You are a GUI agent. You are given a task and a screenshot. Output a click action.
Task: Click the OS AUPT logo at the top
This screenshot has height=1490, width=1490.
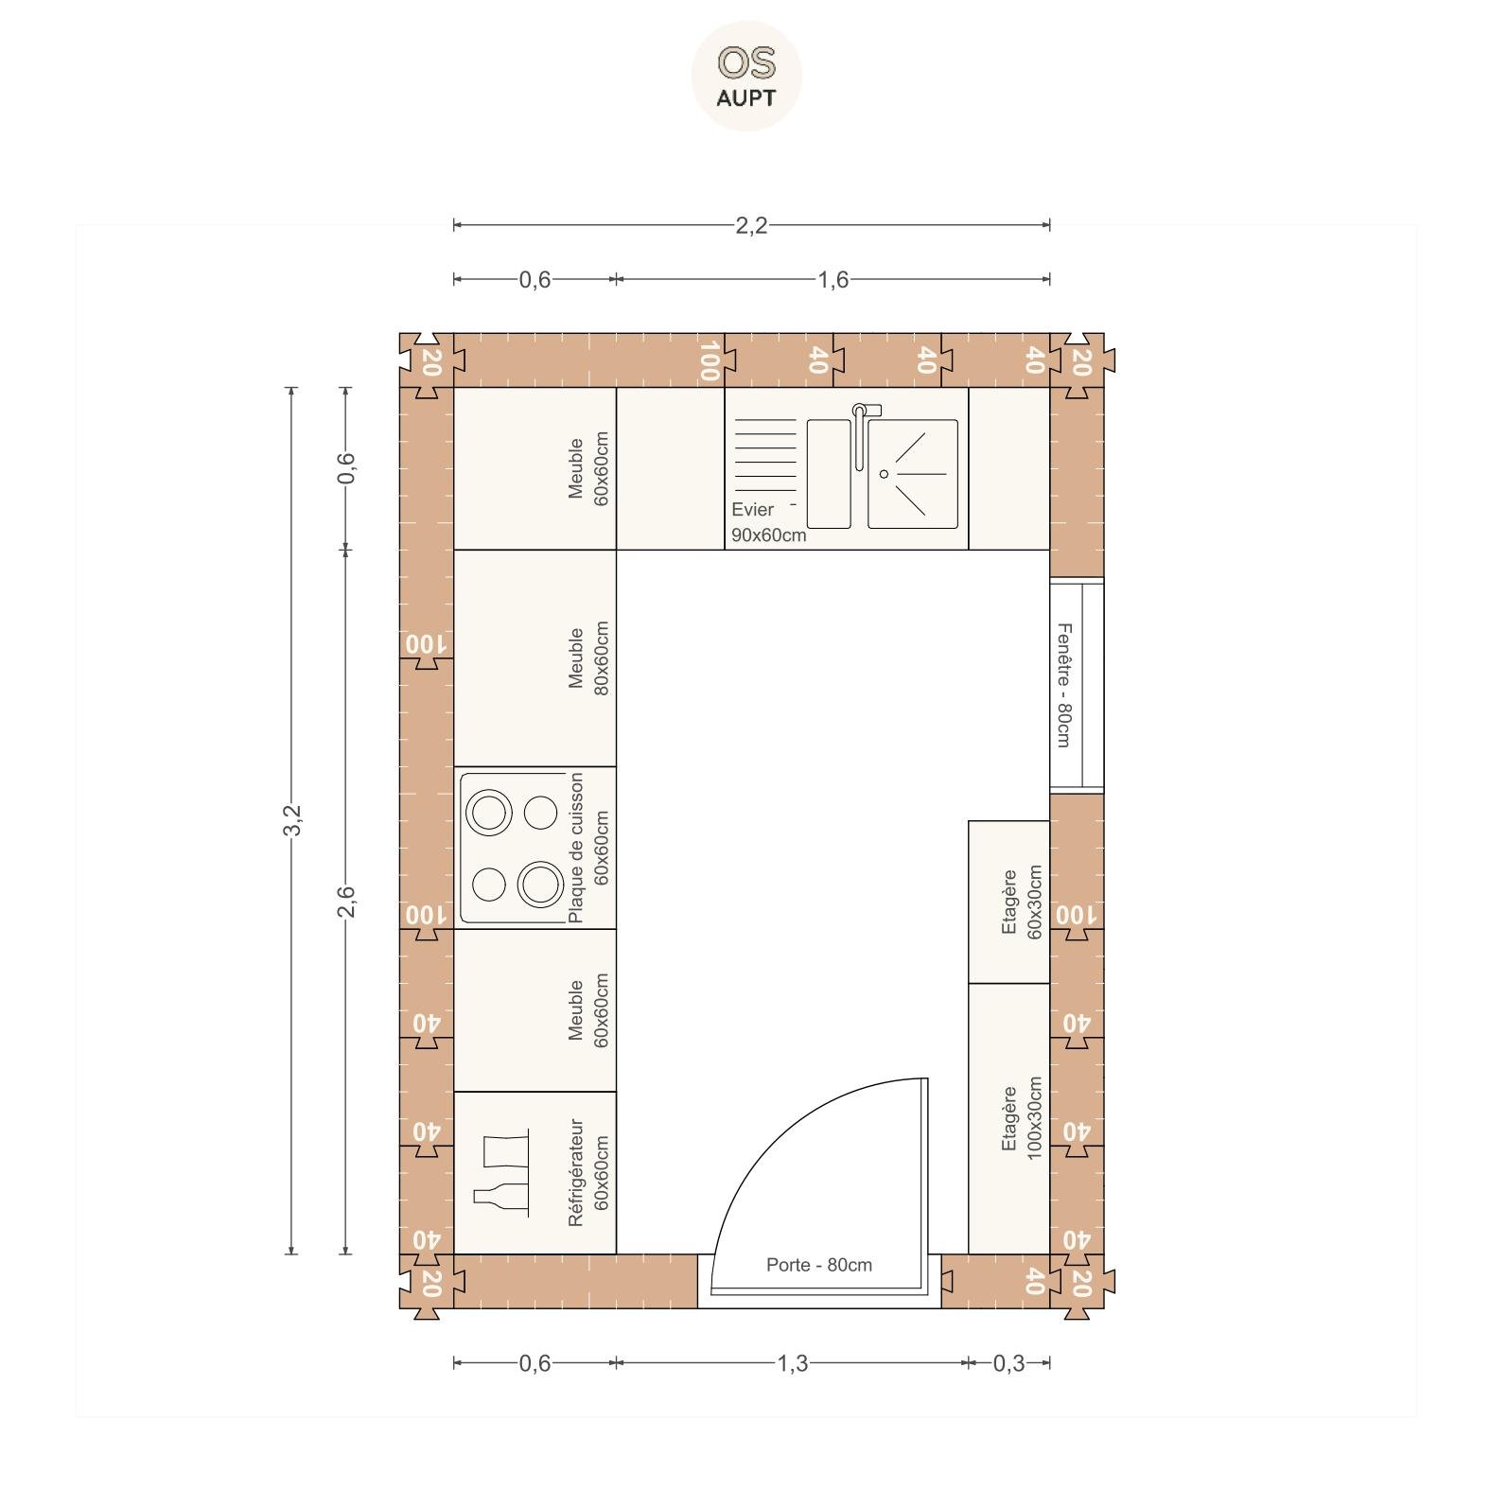point(746,76)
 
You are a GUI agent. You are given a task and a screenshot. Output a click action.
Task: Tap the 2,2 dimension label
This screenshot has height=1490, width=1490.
point(751,225)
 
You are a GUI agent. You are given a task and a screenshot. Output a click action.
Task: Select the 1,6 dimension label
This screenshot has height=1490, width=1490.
point(833,279)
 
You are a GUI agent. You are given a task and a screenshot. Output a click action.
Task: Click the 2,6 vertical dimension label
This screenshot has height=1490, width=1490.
point(346,901)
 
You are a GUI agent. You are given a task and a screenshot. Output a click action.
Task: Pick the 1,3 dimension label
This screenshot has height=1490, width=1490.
point(793,1363)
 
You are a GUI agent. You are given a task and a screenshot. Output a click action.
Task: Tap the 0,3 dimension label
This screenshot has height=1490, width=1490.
point(1008,1363)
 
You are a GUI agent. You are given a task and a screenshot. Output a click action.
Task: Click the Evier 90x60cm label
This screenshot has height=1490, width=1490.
point(768,522)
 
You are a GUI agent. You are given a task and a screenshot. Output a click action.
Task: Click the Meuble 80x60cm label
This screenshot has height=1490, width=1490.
point(587,658)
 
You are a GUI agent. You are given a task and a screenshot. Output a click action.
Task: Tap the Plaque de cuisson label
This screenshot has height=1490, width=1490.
point(576,848)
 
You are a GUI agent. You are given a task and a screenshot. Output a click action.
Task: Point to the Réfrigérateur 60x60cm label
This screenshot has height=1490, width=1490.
point(587,1173)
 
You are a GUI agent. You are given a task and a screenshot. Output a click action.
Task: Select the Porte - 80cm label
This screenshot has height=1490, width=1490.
point(819,1265)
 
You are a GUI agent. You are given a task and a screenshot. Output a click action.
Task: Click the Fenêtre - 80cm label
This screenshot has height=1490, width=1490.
point(1064,685)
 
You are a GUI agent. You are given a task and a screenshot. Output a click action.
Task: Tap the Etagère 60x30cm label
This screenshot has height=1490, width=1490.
point(1021,903)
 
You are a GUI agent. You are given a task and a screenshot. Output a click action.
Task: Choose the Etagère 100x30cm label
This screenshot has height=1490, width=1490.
point(1021,1118)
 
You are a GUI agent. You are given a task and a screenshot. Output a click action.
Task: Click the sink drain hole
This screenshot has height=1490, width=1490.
point(885,474)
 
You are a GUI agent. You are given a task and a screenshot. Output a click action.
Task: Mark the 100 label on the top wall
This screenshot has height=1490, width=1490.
point(710,360)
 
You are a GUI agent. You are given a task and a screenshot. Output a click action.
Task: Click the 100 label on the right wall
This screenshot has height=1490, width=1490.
point(1077,915)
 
